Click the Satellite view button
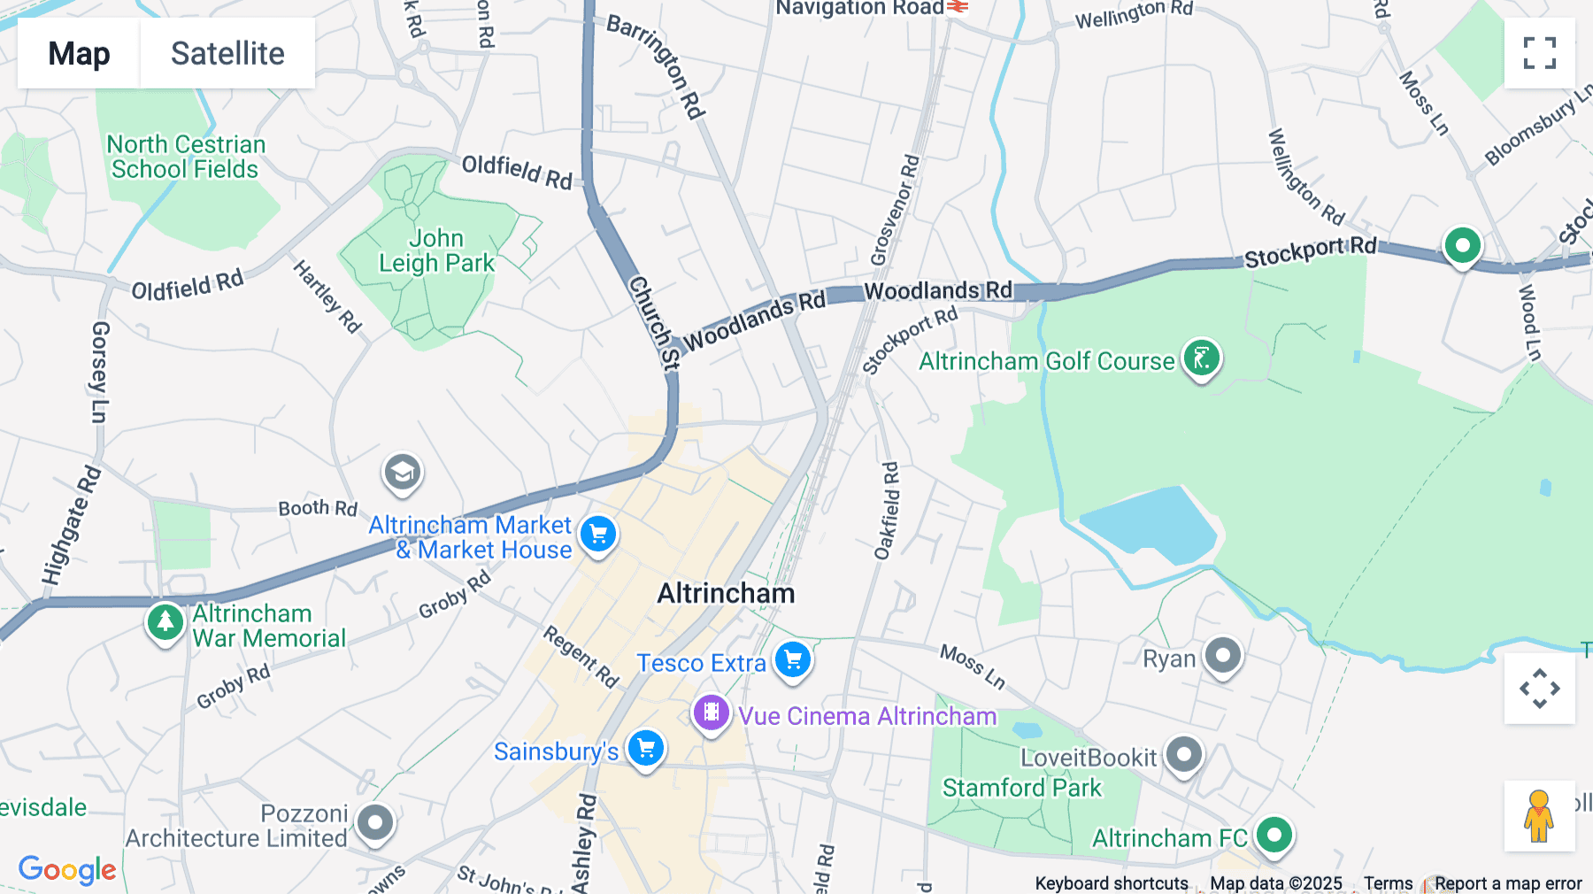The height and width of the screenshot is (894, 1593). pyautogui.click(x=227, y=53)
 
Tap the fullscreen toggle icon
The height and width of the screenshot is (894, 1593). pyautogui.click(x=1539, y=53)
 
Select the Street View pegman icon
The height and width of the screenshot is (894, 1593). pyautogui.click(x=1539, y=816)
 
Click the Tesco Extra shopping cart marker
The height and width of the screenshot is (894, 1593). pyautogui.click(x=793, y=660)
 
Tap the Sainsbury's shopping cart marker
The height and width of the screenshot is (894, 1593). pyautogui.click(x=646, y=749)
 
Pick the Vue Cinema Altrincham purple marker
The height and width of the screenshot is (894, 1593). pyautogui.click(x=711, y=713)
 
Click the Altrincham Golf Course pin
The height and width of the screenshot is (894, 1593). pyautogui.click(x=1202, y=358)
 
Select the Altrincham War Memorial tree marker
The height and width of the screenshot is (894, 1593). pyautogui.click(x=165, y=622)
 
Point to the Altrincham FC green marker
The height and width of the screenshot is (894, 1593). pyautogui.click(x=1274, y=835)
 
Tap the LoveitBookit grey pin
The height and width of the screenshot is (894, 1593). pyautogui.click(x=1184, y=755)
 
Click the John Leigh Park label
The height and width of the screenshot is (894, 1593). pyautogui.click(x=436, y=250)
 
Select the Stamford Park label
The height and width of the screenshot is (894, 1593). pyautogui.click(x=1021, y=788)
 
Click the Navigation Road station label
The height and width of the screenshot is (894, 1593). pyautogui.click(x=859, y=9)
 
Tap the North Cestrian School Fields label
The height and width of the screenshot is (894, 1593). pyautogui.click(x=185, y=157)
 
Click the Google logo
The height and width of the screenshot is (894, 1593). pyautogui.click(x=67, y=870)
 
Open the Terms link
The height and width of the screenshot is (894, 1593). pyautogui.click(x=1388, y=883)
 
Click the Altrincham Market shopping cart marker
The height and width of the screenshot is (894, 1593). pyautogui.click(x=598, y=534)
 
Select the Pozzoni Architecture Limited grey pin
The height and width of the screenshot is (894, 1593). pyautogui.click(x=375, y=823)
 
